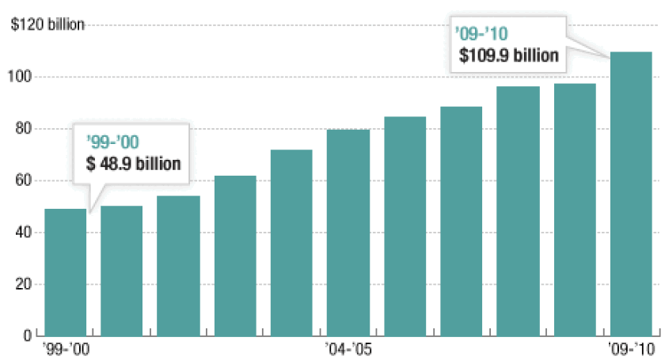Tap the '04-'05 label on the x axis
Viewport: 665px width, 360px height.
tap(348, 349)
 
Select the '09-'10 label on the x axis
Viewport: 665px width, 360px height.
tap(631, 349)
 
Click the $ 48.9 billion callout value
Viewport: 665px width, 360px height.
tap(133, 164)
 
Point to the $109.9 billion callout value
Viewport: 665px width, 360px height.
tap(510, 56)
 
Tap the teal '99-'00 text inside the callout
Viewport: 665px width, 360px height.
tap(111, 143)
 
